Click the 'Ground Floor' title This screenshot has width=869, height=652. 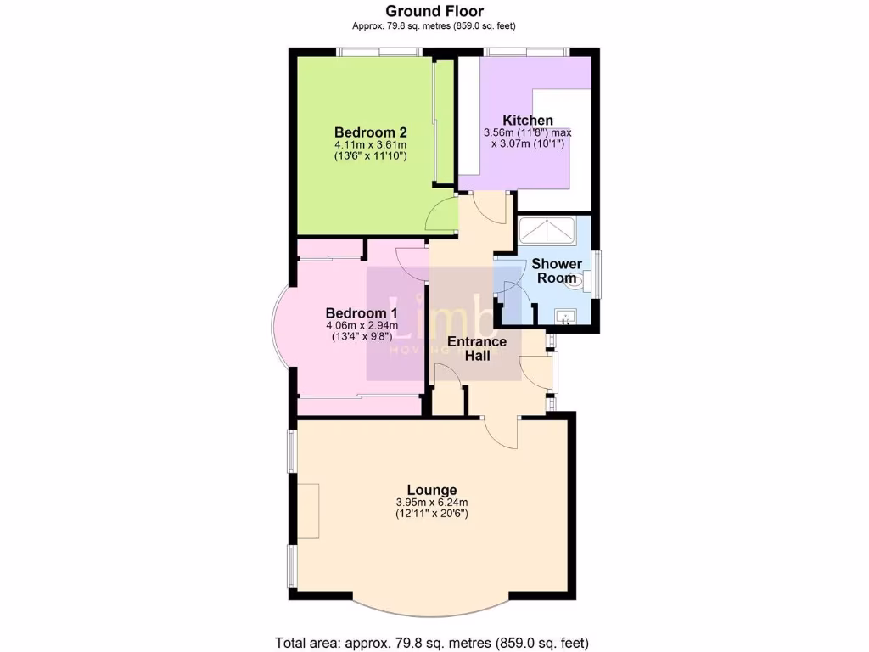[x=434, y=11]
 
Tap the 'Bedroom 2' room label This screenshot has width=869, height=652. [x=371, y=132]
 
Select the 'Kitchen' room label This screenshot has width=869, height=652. [x=527, y=121]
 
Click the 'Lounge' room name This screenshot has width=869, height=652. [x=432, y=490]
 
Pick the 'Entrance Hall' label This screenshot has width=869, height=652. [x=477, y=348]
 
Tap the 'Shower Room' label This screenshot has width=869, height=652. [x=557, y=271]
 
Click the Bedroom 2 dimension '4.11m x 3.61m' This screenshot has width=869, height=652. [x=371, y=145]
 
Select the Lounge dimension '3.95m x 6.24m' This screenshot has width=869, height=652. [x=432, y=503]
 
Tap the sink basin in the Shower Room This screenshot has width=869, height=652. [x=565, y=318]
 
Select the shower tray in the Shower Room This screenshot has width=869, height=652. [x=548, y=231]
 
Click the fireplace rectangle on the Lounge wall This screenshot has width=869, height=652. [x=307, y=510]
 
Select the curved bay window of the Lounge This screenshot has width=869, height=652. [x=432, y=610]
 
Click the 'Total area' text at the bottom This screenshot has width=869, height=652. [x=432, y=642]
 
